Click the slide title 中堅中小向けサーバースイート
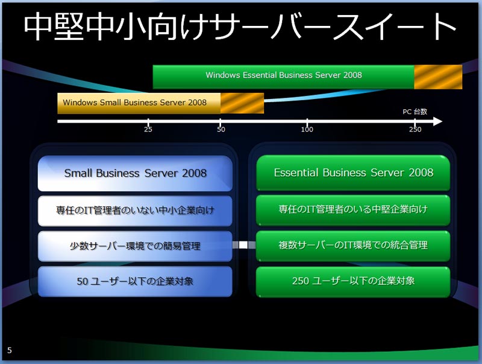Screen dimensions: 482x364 click(x=240, y=27)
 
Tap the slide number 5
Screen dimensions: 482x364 click(x=10, y=350)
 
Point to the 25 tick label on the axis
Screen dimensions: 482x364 click(x=148, y=129)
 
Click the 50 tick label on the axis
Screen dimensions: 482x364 click(x=221, y=129)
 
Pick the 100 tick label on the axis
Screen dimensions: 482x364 click(x=307, y=129)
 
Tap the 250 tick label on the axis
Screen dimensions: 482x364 click(x=415, y=129)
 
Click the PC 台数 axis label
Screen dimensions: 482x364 click(x=415, y=112)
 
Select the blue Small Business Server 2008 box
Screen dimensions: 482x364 click(x=135, y=173)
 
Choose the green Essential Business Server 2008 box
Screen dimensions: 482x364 click(x=353, y=173)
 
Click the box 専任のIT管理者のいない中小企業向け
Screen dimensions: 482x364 click(x=135, y=211)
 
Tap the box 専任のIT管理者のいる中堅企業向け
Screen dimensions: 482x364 click(x=353, y=210)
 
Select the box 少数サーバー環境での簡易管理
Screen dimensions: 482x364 click(x=135, y=246)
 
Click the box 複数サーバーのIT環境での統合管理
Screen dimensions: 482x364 click(x=353, y=246)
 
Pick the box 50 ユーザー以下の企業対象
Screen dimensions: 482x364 click(x=135, y=281)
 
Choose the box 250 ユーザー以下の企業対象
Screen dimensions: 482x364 click(x=353, y=281)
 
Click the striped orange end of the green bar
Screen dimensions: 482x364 click(x=438, y=77)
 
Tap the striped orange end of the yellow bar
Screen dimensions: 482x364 click(x=242, y=103)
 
